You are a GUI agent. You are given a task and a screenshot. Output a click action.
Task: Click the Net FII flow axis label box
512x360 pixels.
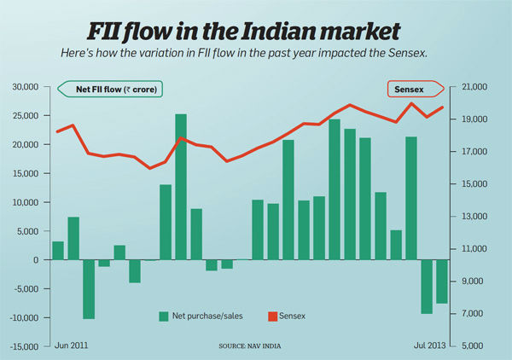pyautogui.click(x=111, y=89)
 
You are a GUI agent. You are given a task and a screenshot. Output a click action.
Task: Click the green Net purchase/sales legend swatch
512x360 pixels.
pyautogui.click(x=163, y=316)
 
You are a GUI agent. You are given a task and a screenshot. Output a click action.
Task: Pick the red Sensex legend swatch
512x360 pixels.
pyautogui.click(x=274, y=316)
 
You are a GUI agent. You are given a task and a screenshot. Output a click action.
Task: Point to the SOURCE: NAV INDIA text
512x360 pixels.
pyautogui.click(x=251, y=345)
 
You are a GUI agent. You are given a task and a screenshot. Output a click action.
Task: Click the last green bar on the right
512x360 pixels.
pyautogui.click(x=442, y=281)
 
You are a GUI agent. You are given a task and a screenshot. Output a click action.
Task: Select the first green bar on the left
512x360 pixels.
pyautogui.click(x=58, y=250)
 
